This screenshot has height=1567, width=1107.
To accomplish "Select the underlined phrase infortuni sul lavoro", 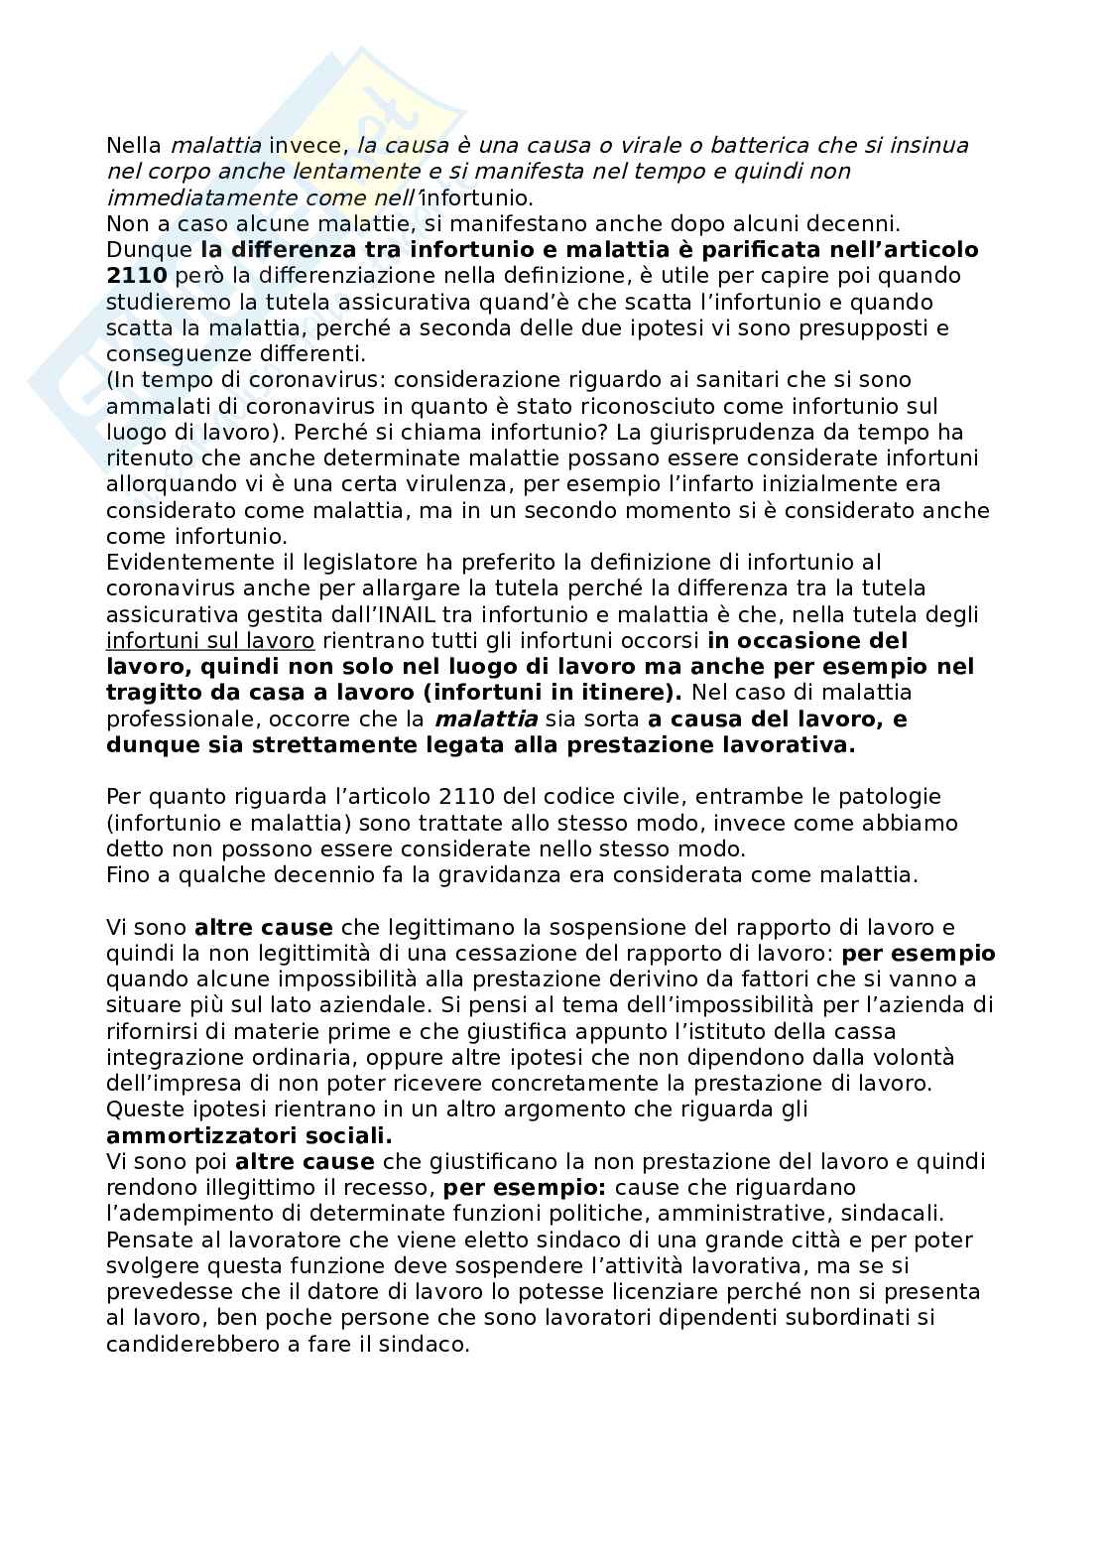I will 209,641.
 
